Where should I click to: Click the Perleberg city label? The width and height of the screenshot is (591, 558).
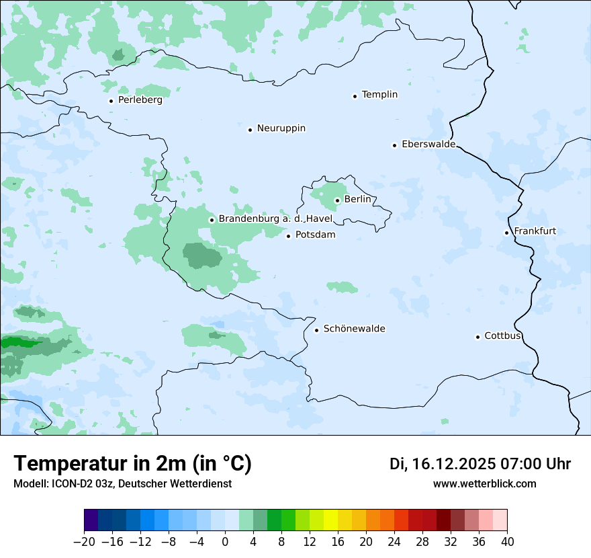coord(140,100)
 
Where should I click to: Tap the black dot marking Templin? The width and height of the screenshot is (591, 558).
coord(355,96)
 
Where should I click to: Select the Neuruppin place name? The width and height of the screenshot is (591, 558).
coord(281,128)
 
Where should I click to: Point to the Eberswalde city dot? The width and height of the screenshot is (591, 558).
coord(394,145)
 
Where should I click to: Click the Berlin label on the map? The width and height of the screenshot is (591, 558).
coord(357,200)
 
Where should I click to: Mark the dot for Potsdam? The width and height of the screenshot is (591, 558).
coord(288,236)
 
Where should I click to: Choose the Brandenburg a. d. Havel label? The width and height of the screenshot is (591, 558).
coord(275,219)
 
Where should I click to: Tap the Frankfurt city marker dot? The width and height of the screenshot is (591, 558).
coord(506,233)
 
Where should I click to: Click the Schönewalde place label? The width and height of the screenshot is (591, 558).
coord(354,329)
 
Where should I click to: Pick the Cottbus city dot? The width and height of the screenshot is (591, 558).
coord(478,337)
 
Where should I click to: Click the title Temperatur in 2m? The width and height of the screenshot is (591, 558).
coord(132,463)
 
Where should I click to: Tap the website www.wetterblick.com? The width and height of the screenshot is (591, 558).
coord(484,483)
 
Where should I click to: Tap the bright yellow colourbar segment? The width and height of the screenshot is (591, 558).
coord(330,520)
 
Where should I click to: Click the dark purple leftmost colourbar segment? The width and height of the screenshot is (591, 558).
coord(91,520)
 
